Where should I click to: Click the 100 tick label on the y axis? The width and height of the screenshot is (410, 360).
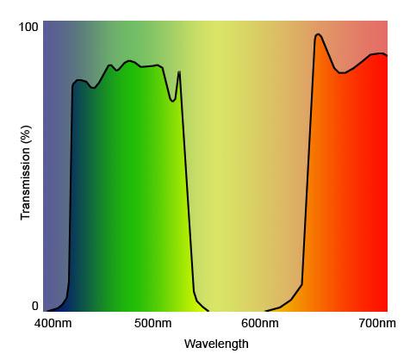(x=29, y=28)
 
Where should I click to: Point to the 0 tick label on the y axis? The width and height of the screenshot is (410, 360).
(x=35, y=306)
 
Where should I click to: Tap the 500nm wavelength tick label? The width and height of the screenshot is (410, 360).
(x=154, y=324)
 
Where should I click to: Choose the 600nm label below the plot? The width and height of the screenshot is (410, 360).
(x=259, y=324)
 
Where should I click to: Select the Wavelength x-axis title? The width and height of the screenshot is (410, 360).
(x=216, y=344)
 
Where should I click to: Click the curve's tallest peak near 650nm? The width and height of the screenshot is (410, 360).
(x=318, y=34)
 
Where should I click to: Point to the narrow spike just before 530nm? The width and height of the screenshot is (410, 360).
(x=179, y=71)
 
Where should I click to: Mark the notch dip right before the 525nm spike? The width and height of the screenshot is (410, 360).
(x=173, y=101)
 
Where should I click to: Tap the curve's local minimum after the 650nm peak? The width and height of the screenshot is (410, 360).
(x=342, y=73)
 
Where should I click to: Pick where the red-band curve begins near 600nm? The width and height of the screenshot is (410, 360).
(x=266, y=310)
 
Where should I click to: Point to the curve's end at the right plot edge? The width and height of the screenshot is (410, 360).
(x=387, y=55)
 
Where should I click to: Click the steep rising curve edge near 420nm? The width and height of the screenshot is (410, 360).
(x=71, y=189)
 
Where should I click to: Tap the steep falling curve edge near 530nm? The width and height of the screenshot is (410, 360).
(x=188, y=189)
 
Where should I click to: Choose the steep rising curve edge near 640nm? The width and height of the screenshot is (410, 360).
(x=307, y=172)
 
